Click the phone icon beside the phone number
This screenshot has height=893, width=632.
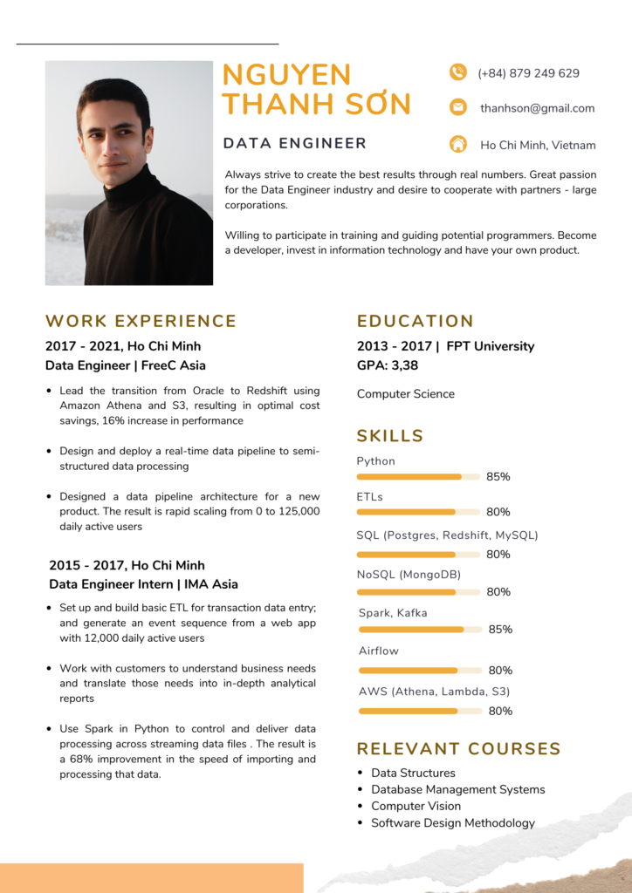point(457,72)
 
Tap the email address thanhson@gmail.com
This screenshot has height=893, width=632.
point(537,108)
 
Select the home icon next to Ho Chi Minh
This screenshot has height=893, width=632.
point(457,144)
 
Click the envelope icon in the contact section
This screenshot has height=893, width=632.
point(457,107)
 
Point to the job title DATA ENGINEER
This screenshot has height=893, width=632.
point(294,143)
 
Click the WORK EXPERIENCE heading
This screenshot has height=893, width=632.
point(141,321)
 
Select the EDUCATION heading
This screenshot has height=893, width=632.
point(415,321)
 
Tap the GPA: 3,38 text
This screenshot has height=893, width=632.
point(387,365)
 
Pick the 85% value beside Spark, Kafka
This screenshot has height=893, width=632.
point(500,629)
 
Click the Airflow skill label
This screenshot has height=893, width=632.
point(378,651)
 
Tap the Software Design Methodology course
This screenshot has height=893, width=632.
point(452,822)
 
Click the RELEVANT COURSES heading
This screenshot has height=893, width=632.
point(458,748)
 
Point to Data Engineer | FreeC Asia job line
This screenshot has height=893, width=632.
point(125,365)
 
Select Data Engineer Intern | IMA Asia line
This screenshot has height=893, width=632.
point(143,584)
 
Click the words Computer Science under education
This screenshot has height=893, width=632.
point(405,394)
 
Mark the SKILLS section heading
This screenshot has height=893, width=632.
point(389,436)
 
